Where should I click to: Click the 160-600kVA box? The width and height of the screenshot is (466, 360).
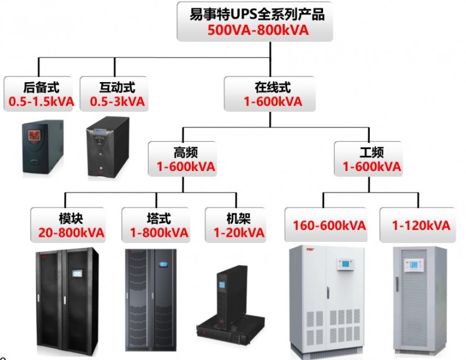[329, 225]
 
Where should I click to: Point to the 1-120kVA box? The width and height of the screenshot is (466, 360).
[421, 225]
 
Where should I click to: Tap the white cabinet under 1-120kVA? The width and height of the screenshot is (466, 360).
[419, 298]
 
